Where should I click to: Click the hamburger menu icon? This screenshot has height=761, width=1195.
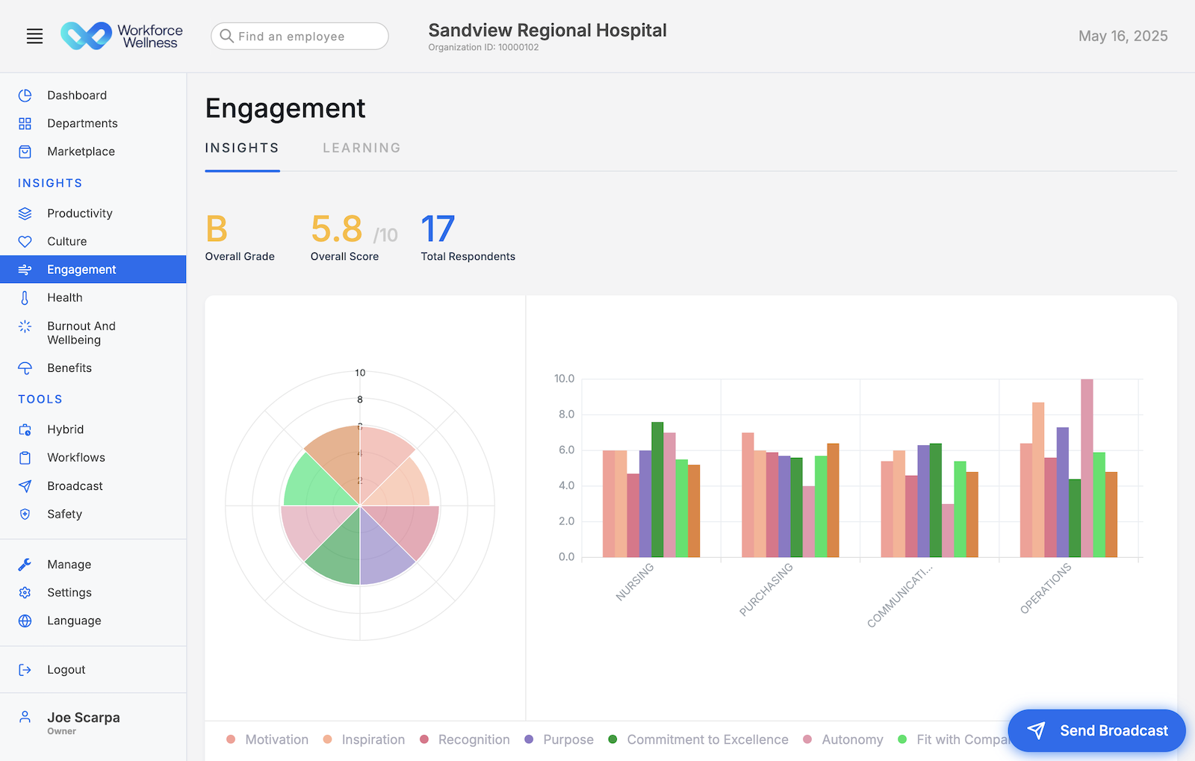point(34,36)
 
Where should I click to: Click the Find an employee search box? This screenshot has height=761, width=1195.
point(299,36)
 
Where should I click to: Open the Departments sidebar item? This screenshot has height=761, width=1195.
point(82,123)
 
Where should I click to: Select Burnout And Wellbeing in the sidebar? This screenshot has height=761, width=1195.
point(81,333)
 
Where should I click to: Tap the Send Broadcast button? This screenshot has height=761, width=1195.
point(1096,730)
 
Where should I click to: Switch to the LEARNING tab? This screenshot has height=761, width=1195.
point(361,148)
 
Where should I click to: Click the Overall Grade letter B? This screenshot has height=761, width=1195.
point(217,229)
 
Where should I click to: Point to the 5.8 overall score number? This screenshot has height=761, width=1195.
point(337,229)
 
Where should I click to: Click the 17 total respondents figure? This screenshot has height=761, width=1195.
point(438,229)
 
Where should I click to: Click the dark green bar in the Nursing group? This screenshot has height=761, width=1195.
point(657,489)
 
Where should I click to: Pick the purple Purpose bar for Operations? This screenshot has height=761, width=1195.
point(1062,492)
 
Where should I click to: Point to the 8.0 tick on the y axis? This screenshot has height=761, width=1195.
point(566,414)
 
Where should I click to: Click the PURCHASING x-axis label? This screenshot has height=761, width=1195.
point(766,589)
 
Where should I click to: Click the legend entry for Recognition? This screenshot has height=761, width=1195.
point(473,739)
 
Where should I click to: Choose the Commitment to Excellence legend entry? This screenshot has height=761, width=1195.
point(707,739)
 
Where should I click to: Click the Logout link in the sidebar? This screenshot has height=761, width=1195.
point(66,670)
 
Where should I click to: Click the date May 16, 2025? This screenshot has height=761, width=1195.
point(1123,36)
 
